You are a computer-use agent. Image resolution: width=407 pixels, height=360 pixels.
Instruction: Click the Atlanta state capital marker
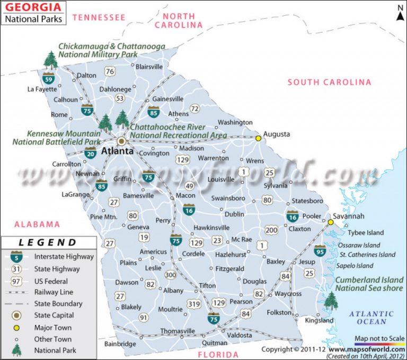pyautogui.click(x=121, y=141)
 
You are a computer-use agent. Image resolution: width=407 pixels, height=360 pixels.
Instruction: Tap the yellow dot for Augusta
pyautogui.click(x=259, y=138)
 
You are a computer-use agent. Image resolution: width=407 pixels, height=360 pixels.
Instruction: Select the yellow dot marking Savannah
pyautogui.click(x=331, y=222)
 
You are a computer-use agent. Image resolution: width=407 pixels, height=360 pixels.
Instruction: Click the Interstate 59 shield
pyautogui.click(x=49, y=79)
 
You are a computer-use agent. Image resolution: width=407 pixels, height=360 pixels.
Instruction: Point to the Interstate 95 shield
pyautogui.click(x=320, y=250)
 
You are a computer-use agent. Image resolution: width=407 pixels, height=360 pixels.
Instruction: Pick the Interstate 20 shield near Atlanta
pyautogui.click(x=90, y=154)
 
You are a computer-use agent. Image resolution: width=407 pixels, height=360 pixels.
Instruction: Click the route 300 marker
pyautogui.click(x=170, y=275)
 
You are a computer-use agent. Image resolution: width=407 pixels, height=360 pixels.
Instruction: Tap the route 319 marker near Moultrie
pyautogui.click(x=194, y=304)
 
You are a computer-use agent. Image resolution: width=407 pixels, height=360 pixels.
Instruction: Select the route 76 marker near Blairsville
pyautogui.click(x=110, y=71)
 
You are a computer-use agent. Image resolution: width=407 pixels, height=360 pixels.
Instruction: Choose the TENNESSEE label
pyautogui.click(x=99, y=17)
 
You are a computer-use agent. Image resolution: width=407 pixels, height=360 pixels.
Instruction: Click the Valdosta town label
pyautogui.click(x=240, y=336)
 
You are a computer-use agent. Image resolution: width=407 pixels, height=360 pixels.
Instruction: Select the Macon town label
pyautogui.click(x=185, y=195)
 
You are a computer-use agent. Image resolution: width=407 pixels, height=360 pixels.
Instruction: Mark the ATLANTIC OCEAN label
pyautogui.click(x=371, y=318)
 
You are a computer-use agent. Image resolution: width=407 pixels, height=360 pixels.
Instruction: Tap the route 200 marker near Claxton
pyautogui.click(x=271, y=230)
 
